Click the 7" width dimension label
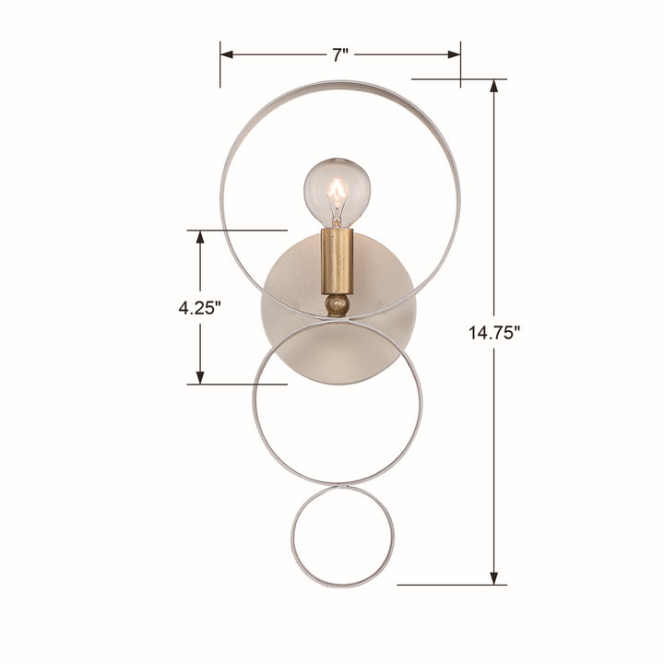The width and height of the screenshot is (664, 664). [340, 54]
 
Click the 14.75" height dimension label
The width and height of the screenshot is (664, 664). [495, 333]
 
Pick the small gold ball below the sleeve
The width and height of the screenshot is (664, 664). [338, 303]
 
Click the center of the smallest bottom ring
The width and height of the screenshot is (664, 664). [342, 538]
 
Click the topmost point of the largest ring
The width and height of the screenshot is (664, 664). [339, 82]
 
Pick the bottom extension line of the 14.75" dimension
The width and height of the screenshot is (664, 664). [452, 585]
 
